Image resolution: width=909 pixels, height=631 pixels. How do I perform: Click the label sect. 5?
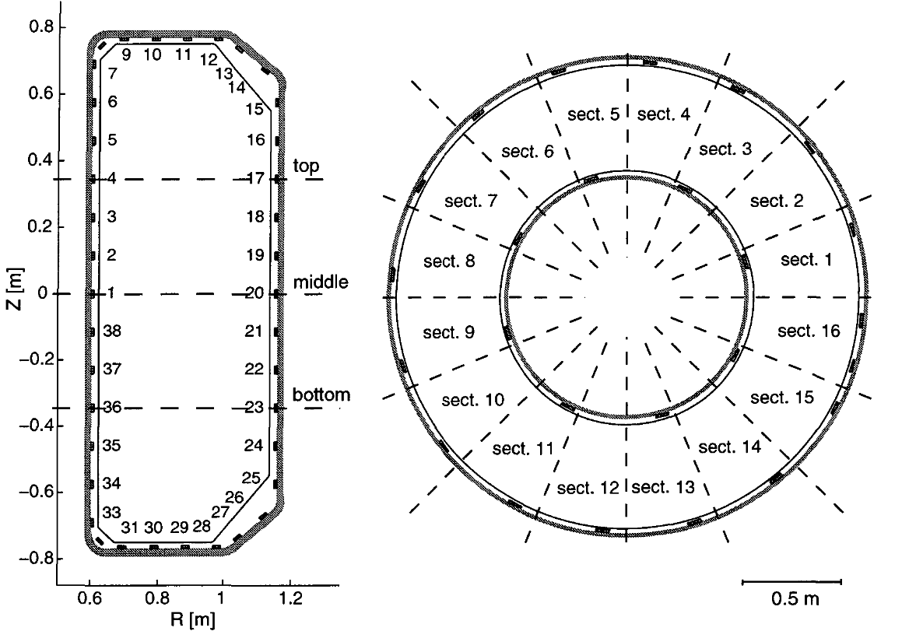594,114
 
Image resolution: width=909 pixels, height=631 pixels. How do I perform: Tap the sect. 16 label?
809,331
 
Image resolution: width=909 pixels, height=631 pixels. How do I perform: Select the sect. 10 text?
473,400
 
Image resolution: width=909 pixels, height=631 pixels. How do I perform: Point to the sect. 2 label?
777,201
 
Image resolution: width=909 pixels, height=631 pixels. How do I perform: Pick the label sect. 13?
663,487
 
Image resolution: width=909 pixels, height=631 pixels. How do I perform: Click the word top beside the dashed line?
306,167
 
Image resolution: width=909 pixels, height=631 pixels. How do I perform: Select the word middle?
321,282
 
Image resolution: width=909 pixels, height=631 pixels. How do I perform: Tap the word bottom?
321,394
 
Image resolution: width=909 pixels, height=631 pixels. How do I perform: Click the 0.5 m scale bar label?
795,598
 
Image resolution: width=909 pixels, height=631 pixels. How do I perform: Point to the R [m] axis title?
193,619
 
